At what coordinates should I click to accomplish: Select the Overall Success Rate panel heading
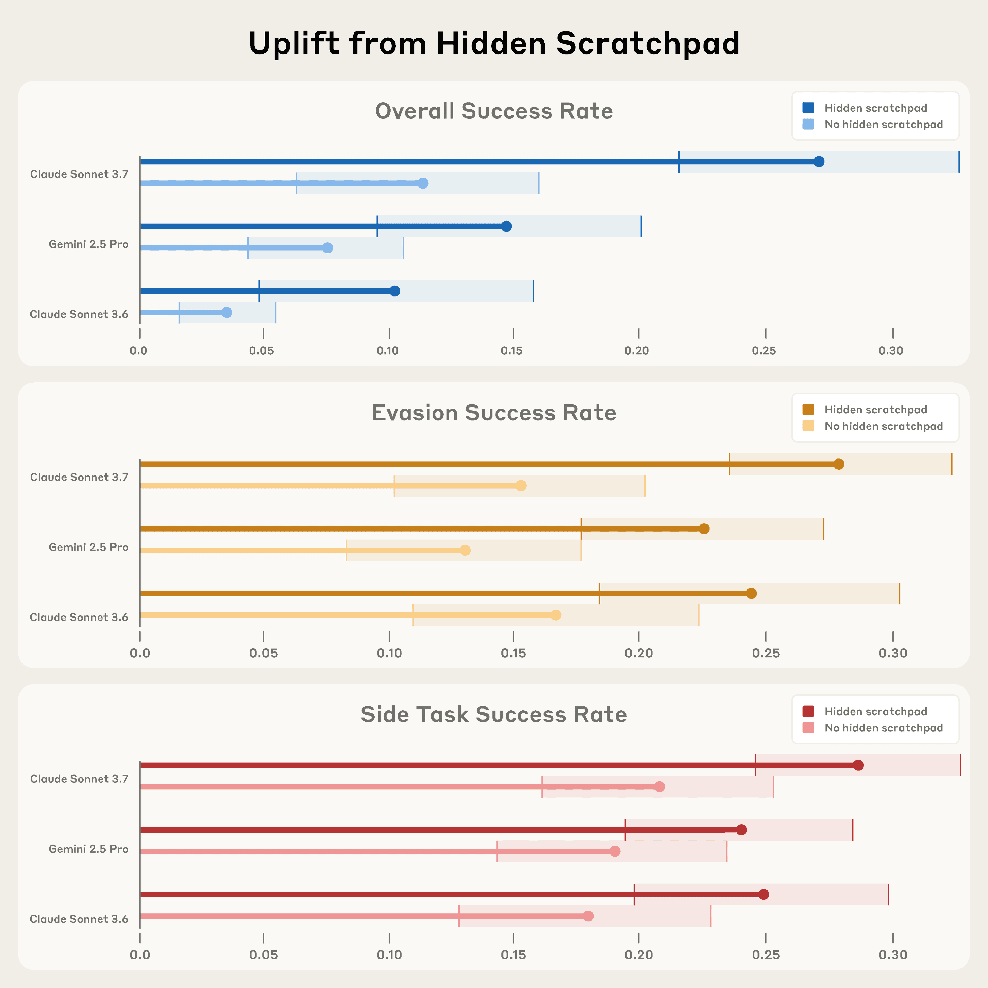pos(494,111)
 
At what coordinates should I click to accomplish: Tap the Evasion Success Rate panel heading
pos(494,413)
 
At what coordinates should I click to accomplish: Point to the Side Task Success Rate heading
pos(494,714)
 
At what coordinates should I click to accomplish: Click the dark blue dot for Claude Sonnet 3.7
pos(819,162)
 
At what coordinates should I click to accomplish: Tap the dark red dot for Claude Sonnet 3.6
pos(763,894)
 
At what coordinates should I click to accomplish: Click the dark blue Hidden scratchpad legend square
pos(808,108)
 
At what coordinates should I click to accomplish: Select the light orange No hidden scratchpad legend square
pos(808,426)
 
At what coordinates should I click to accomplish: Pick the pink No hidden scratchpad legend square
pos(808,728)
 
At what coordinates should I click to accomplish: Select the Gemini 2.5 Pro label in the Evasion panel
pos(89,547)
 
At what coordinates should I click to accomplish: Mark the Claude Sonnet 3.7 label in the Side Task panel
pos(79,779)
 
